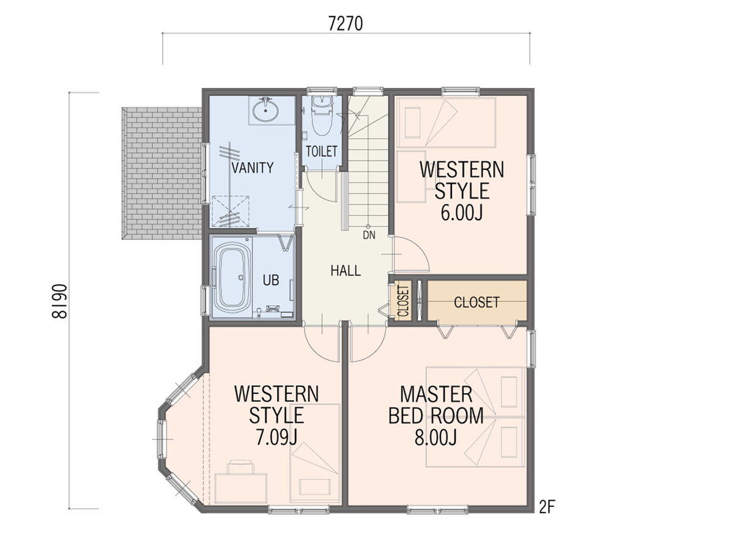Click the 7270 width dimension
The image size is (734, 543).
pyautogui.click(x=346, y=24)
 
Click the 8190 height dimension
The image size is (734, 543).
pyautogui.click(x=60, y=301)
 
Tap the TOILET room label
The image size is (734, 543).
pyautogui.click(x=321, y=151)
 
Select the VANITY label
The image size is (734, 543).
pyautogui.click(x=253, y=168)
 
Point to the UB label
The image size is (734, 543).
pyautogui.click(x=271, y=280)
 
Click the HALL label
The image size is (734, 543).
pyautogui.click(x=346, y=271)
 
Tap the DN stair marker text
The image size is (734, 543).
pyautogui.click(x=369, y=235)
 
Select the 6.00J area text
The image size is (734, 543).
pyautogui.click(x=462, y=213)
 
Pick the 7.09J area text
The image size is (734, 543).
pyautogui.click(x=276, y=437)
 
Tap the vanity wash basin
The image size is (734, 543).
pyautogui.click(x=265, y=111)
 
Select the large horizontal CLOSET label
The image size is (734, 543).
pyautogui.click(x=476, y=302)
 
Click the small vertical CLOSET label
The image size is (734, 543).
pyautogui.click(x=402, y=301)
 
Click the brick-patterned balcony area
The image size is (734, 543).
pyautogui.click(x=162, y=173)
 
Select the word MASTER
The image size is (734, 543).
pyautogui.click(x=436, y=394)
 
